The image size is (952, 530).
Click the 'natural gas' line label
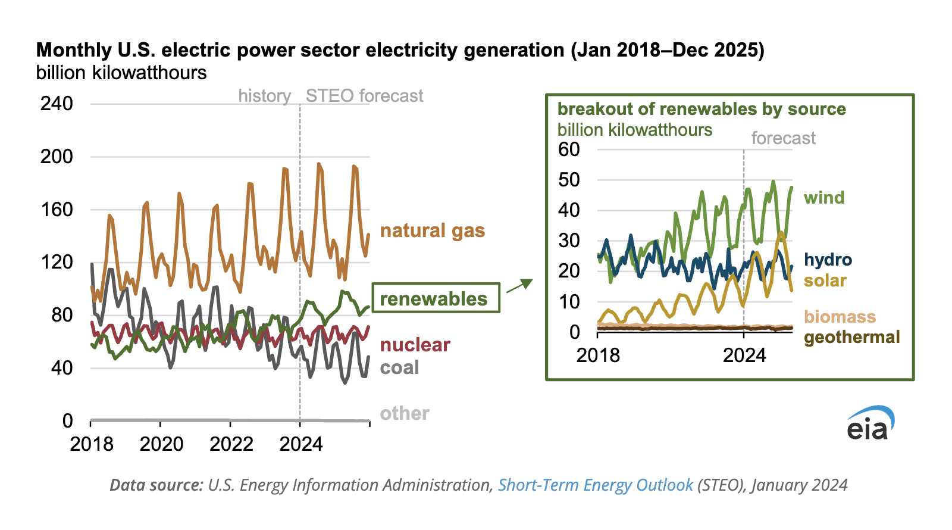coord(433,230)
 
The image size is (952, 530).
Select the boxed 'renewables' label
coord(435,298)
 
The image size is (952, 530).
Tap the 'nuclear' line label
coord(415,344)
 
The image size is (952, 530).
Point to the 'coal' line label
coord(399,367)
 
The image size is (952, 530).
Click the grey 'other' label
coord(405,413)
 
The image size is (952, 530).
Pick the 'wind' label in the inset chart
coord(824,198)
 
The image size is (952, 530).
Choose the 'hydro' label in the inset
coord(828,260)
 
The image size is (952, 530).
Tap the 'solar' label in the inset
coord(825,280)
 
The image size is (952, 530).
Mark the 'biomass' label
coord(840,316)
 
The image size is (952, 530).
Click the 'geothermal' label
coord(851,337)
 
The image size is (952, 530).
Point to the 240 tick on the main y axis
coord(57,104)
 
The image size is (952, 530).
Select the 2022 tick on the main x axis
coord(231,444)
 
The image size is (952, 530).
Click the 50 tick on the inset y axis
coord(569,180)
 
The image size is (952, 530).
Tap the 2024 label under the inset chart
coord(744,356)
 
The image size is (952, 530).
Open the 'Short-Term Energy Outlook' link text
coord(595,485)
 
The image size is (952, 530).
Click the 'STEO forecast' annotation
coord(364,96)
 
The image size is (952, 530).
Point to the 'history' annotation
coord(264,96)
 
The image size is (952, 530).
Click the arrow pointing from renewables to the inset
coord(519,286)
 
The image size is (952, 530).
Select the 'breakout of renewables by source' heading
coord(702,109)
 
